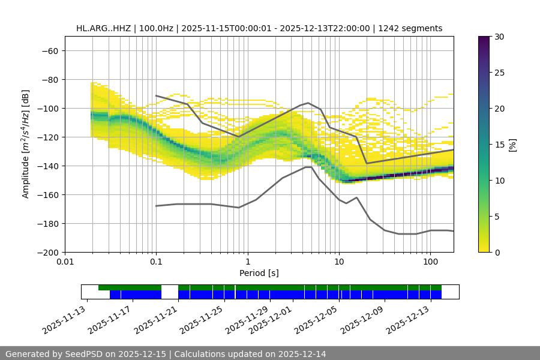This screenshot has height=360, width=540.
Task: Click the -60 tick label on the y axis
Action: coord(49,50)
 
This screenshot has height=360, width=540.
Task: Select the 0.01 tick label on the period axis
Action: coord(65,262)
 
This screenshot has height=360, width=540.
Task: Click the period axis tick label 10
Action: coord(339,262)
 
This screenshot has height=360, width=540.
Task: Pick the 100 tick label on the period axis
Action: coord(430,262)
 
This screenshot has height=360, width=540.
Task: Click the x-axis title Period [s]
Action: coord(259,273)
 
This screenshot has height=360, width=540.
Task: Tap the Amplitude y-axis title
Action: coord(26,144)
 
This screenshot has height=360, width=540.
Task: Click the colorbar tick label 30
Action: coord(499,37)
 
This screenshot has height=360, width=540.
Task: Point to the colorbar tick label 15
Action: coord(499,145)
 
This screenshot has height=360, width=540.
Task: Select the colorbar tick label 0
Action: coord(497,252)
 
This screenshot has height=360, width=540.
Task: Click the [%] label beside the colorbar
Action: coord(512,145)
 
